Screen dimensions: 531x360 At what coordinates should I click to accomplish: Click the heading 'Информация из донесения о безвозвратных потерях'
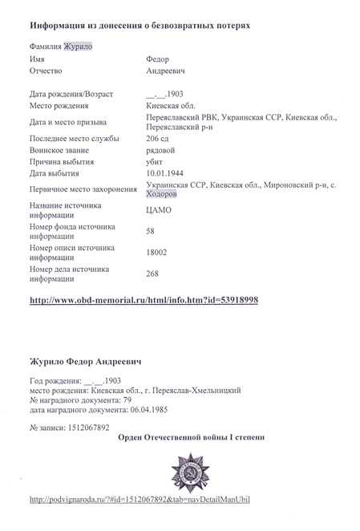(134, 26)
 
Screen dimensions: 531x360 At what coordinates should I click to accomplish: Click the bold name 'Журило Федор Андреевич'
(86, 363)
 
